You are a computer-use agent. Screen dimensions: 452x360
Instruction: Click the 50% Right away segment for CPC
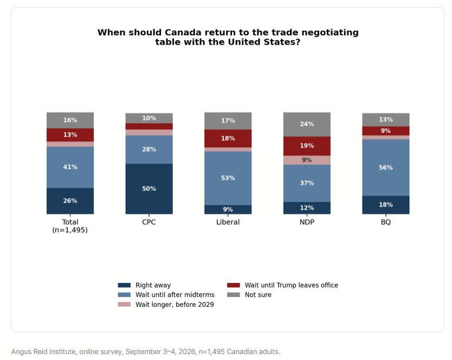tap(149, 189)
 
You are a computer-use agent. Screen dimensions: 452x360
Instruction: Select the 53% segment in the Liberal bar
tap(228, 178)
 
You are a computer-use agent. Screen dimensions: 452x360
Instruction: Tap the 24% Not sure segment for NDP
tap(307, 124)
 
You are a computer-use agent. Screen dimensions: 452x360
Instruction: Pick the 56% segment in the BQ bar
tap(386, 168)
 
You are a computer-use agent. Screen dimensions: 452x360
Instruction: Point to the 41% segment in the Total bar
tap(70, 168)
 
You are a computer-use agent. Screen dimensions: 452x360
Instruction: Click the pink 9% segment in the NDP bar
tap(307, 160)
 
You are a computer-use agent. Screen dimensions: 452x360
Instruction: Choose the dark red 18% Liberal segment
tap(228, 138)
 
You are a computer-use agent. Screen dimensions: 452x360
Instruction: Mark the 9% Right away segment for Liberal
tap(228, 209)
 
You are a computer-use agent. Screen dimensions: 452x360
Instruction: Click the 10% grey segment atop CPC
tap(149, 118)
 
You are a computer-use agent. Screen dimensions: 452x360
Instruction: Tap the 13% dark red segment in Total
tap(70, 135)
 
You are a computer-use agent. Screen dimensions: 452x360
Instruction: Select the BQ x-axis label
tap(386, 222)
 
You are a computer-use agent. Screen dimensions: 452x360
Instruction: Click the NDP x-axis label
tap(307, 222)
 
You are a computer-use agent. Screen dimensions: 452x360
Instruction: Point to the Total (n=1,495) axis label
tap(70, 226)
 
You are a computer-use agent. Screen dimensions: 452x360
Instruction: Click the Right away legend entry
tap(144, 285)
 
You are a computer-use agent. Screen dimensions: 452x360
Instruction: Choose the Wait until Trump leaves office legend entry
tap(282, 285)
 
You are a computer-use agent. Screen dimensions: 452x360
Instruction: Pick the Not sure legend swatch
tap(234, 295)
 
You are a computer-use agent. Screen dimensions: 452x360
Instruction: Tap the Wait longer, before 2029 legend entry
tap(166, 305)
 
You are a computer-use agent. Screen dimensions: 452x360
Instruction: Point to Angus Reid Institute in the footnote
tap(43, 352)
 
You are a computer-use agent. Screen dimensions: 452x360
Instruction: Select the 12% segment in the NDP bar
tap(307, 208)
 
